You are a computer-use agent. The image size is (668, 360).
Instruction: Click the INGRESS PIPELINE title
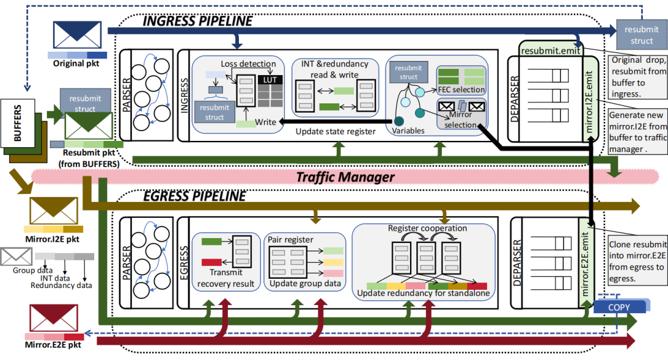[x=198, y=21]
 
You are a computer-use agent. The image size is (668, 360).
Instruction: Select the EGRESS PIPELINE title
[x=194, y=197]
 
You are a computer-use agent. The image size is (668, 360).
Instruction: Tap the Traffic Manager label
[x=345, y=177]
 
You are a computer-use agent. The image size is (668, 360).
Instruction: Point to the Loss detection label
[x=248, y=63]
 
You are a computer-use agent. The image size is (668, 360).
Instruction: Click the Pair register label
[x=291, y=239]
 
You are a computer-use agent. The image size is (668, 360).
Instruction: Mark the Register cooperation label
[x=427, y=228]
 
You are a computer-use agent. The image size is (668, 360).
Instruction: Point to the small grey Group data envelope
[x=15, y=256]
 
